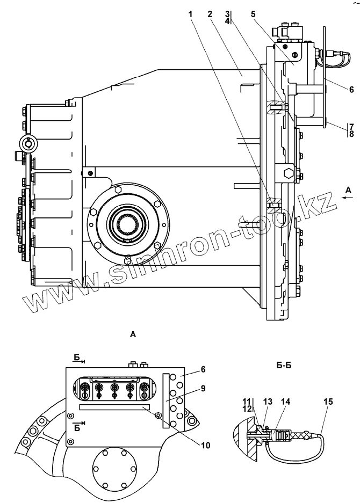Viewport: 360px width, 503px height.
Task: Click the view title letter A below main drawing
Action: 133,334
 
